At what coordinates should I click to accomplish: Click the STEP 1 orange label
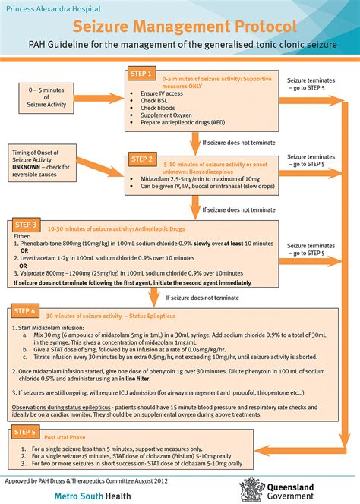click(x=142, y=74)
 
